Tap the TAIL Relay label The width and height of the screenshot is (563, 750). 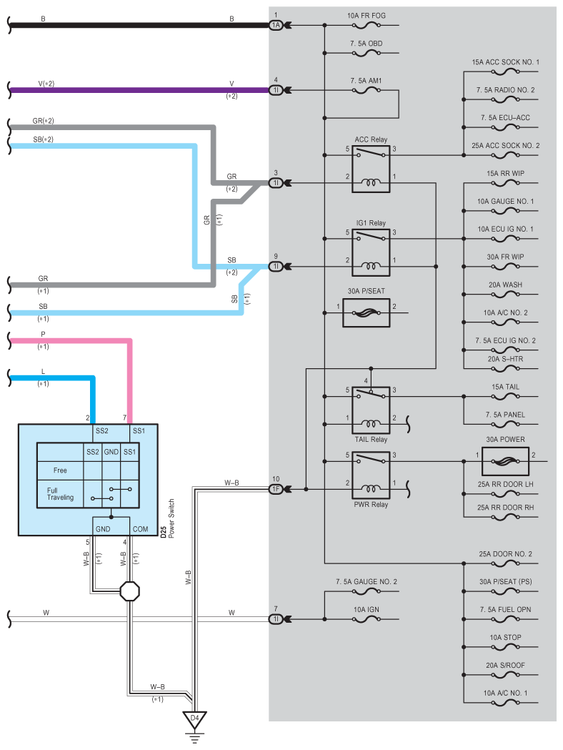click(371, 439)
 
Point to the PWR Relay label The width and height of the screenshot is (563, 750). click(371, 504)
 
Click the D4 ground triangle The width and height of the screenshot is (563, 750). click(194, 719)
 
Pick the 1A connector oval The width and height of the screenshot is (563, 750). click(276, 25)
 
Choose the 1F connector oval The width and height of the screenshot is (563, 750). click(276, 489)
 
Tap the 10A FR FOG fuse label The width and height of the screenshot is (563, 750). click(366, 15)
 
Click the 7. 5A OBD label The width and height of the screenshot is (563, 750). click(366, 43)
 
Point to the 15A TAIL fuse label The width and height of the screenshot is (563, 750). click(505, 387)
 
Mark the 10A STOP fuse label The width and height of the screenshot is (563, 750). click(505, 637)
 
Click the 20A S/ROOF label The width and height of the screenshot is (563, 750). click(505, 665)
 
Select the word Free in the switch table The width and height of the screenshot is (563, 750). click(60, 470)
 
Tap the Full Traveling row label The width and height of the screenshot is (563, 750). click(60, 493)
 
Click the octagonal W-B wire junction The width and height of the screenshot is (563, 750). click(129, 591)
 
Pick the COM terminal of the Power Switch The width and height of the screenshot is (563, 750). click(140, 529)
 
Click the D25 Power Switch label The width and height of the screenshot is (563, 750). click(168, 519)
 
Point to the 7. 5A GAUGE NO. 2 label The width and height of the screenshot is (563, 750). click(366, 582)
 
